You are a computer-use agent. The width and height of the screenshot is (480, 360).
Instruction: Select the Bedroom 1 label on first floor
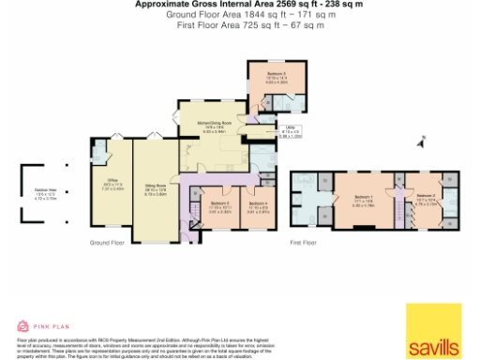[363, 199]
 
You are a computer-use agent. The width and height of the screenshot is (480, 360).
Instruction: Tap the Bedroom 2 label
[427, 199]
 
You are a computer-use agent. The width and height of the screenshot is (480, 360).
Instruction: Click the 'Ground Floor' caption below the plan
[108, 242]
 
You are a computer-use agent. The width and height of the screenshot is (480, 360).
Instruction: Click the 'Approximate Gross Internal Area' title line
[239, 5]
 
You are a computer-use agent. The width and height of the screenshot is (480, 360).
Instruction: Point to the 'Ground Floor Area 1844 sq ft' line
[239, 15]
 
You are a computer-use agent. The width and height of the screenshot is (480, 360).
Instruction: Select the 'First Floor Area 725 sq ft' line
[239, 25]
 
